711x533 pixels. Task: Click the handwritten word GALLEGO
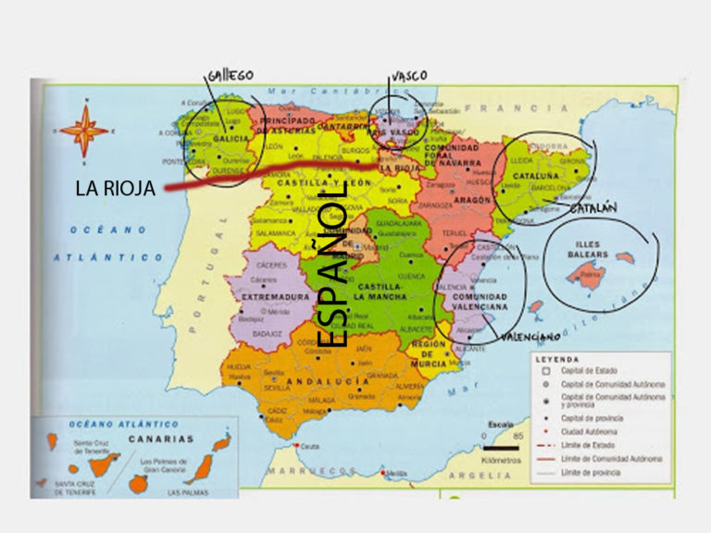coord(231,75)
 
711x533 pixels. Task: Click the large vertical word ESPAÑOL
coord(336,264)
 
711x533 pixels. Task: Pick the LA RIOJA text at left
coord(115,189)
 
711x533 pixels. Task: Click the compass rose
coord(84,130)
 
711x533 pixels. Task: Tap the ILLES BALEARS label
coord(587,250)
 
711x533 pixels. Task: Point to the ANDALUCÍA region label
coord(327,381)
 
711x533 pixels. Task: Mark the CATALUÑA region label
coord(537,175)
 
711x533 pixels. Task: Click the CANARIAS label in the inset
coord(161,439)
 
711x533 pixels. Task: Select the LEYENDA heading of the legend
coord(557,359)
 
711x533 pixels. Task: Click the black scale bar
coord(501,448)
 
